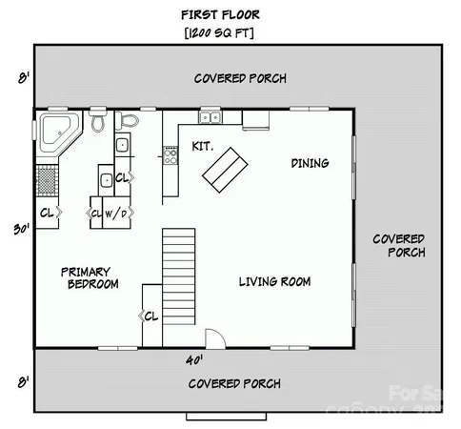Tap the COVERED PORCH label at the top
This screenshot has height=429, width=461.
pyautogui.click(x=240, y=78)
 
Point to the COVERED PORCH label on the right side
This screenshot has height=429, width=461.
pyautogui.click(x=398, y=245)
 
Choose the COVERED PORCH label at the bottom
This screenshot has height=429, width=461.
pyautogui.click(x=234, y=384)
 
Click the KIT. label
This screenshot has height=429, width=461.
pyautogui.click(x=202, y=147)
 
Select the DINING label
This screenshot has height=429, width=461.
pyautogui.click(x=310, y=163)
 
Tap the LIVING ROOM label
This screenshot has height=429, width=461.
pyautogui.click(x=274, y=281)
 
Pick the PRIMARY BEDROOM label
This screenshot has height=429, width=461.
pyautogui.click(x=92, y=277)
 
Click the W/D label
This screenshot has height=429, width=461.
pyautogui.click(x=116, y=214)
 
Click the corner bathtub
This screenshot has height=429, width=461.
pyautogui.click(x=56, y=132)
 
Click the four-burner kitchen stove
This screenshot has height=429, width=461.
pyautogui.click(x=170, y=154)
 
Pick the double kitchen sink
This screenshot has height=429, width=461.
pyautogui.click(x=210, y=117)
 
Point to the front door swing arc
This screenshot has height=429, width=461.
pyautogui.click(x=216, y=338)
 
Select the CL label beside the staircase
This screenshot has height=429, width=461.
pyautogui.click(x=150, y=317)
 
